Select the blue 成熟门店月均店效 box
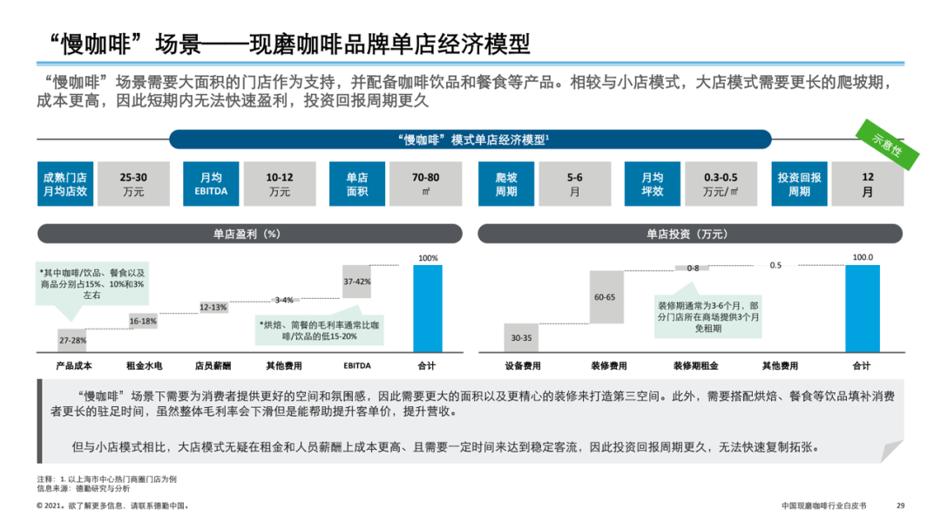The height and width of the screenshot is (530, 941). click(x=65, y=184)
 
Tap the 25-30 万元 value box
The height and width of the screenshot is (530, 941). click(x=134, y=184)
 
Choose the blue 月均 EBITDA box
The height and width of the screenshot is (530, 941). click(x=211, y=184)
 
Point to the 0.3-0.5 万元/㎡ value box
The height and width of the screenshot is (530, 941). click(x=720, y=184)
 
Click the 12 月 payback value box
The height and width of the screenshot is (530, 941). click(x=867, y=184)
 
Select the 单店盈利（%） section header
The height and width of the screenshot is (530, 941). click(x=249, y=234)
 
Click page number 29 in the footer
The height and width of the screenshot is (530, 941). click(x=901, y=506)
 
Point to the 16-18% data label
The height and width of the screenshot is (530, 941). click(x=144, y=321)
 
